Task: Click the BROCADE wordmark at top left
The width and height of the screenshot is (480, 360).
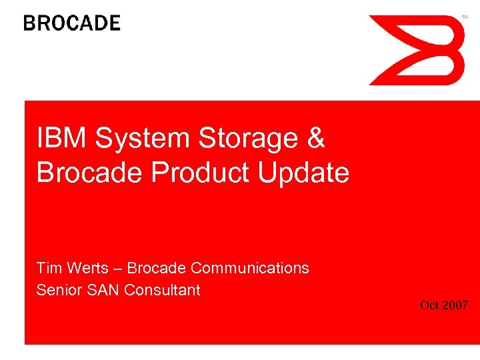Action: tap(72, 23)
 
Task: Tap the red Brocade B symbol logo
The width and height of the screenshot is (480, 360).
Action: tap(417, 50)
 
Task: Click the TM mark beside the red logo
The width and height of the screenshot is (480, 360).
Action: tap(465, 16)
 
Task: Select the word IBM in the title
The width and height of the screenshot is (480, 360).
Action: tap(62, 139)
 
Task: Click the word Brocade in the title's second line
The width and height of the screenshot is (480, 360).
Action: tap(91, 173)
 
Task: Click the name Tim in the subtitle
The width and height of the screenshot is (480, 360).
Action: tap(49, 268)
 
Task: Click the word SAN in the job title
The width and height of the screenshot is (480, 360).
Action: tap(103, 290)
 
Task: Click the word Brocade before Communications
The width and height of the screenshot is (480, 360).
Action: tap(156, 268)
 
